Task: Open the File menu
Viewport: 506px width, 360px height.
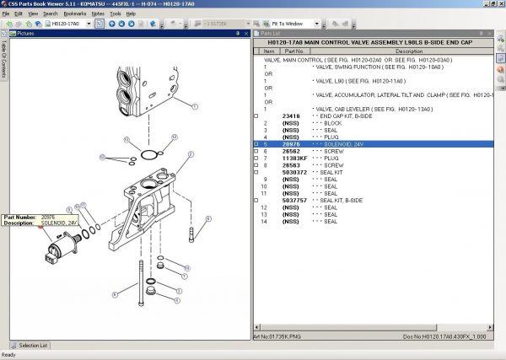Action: point(6,14)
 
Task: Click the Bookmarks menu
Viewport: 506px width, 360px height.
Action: point(74,14)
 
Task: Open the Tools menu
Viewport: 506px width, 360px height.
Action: point(116,14)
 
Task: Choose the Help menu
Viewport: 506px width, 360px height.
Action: point(131,14)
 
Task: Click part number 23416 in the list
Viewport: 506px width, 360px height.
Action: point(291,116)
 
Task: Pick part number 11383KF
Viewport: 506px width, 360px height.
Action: point(294,159)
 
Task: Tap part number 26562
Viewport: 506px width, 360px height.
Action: point(291,152)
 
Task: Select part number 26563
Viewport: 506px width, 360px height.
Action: point(291,165)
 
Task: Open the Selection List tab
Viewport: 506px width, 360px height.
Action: point(33,345)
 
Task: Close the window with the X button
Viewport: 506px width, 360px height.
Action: point(498,5)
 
